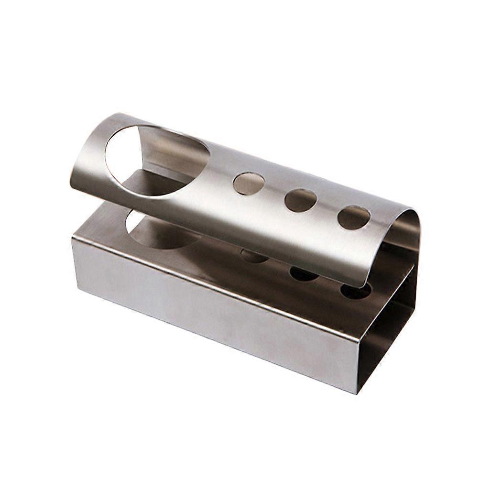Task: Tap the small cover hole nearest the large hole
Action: [x=249, y=184]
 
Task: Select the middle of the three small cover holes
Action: [x=301, y=200]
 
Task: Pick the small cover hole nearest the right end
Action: [x=354, y=218]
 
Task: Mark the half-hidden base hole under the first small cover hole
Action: [x=254, y=256]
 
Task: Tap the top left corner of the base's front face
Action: [x=73, y=238]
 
